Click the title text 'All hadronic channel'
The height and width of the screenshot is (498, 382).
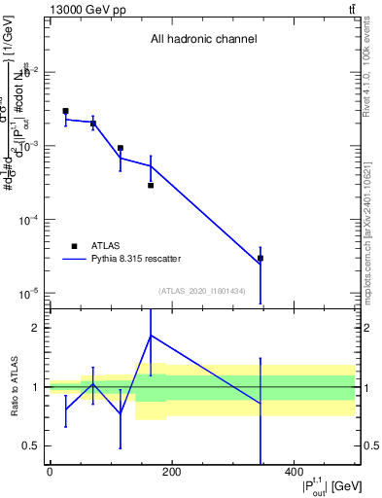coord(203,40)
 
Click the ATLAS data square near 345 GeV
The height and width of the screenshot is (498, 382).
coord(260,259)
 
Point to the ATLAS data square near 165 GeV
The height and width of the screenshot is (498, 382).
coord(151,185)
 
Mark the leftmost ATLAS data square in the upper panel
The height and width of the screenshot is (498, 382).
coord(65,111)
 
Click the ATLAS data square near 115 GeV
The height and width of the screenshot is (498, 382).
coord(120,148)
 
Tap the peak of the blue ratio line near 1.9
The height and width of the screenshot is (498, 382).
coord(151,336)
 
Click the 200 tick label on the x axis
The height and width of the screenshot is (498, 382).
coord(171,473)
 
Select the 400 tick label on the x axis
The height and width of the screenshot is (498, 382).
coord(293,473)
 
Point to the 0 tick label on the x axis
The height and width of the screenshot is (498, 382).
coord(50,473)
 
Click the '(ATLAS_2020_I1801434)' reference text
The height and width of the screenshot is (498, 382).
coord(202,291)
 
